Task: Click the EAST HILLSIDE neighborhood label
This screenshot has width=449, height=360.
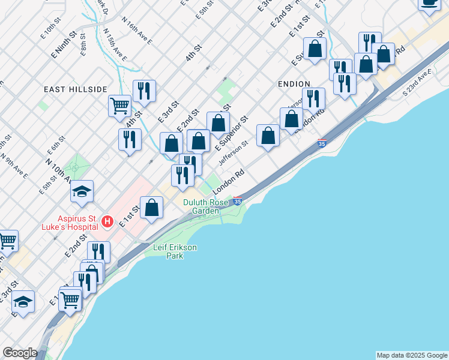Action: click(x=75, y=89)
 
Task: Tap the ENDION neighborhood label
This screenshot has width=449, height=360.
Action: click(x=294, y=84)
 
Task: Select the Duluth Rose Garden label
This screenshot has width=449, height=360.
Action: click(x=206, y=206)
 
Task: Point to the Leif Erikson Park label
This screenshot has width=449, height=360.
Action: click(x=175, y=251)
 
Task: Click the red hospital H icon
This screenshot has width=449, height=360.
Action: click(x=107, y=222)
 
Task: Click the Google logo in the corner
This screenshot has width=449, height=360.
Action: click(x=20, y=353)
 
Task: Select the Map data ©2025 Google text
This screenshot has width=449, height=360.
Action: click(x=411, y=355)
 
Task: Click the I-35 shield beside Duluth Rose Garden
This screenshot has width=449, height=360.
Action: click(x=238, y=202)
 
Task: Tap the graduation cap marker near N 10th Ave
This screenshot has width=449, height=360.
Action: click(x=82, y=192)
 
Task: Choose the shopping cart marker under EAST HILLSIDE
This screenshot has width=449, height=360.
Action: click(x=120, y=106)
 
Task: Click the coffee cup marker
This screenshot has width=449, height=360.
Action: click(x=429, y=3)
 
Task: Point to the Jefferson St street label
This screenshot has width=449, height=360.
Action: click(x=234, y=154)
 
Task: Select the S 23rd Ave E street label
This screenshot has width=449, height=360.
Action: click(x=417, y=82)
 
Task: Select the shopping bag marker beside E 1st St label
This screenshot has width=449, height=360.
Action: click(x=152, y=208)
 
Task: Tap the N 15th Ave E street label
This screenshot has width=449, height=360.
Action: click(x=114, y=44)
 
